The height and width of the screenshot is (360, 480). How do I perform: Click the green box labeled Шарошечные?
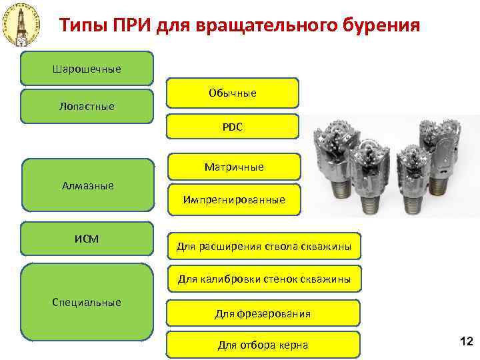[x=87, y=69]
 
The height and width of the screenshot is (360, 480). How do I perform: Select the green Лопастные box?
[x=87, y=106]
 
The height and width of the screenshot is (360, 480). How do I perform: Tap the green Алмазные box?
[x=87, y=185]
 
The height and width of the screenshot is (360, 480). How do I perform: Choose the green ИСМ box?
[x=87, y=238]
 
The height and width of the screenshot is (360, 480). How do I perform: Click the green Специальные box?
[x=87, y=302]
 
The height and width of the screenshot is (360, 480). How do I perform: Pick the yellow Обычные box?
[x=233, y=93]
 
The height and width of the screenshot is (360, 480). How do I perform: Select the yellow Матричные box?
[x=234, y=167]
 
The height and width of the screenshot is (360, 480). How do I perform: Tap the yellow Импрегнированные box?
[x=234, y=199]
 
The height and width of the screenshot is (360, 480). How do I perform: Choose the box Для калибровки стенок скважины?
[x=263, y=279]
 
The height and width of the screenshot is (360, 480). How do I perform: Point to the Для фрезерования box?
[x=263, y=313]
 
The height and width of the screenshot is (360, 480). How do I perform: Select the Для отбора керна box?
[x=263, y=345]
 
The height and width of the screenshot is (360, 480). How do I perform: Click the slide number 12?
[x=466, y=342]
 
